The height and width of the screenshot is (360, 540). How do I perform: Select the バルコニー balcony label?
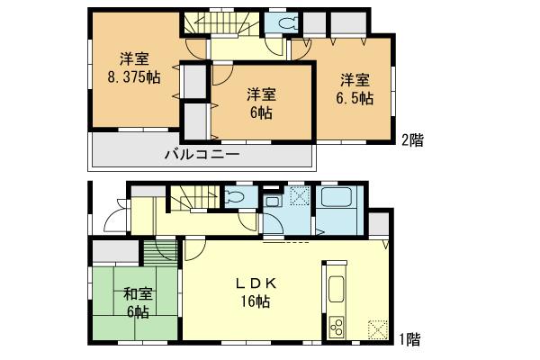pos(200,155)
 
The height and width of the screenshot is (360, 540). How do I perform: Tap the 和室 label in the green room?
pos(137,292)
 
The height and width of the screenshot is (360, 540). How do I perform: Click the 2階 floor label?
pos(412,139)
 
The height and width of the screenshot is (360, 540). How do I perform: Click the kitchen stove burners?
pos(337,325)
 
